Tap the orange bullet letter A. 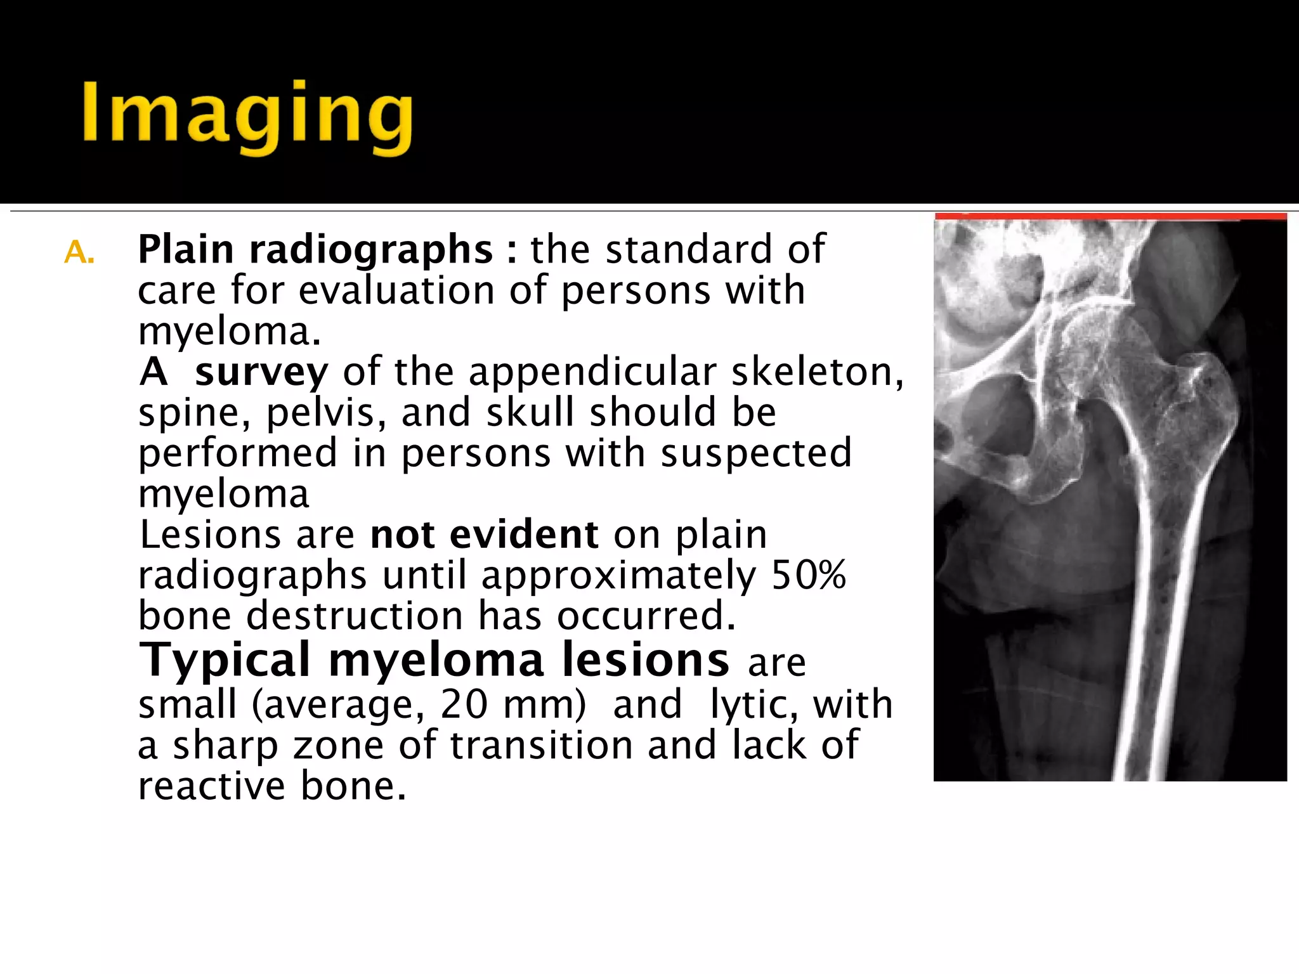[x=79, y=252]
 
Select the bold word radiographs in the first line [x=371, y=249]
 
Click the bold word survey [x=261, y=372]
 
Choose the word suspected [x=756, y=453]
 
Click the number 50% [x=808, y=575]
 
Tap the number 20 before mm [x=464, y=705]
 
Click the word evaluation [x=396, y=291]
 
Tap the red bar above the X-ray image [x=1110, y=217]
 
